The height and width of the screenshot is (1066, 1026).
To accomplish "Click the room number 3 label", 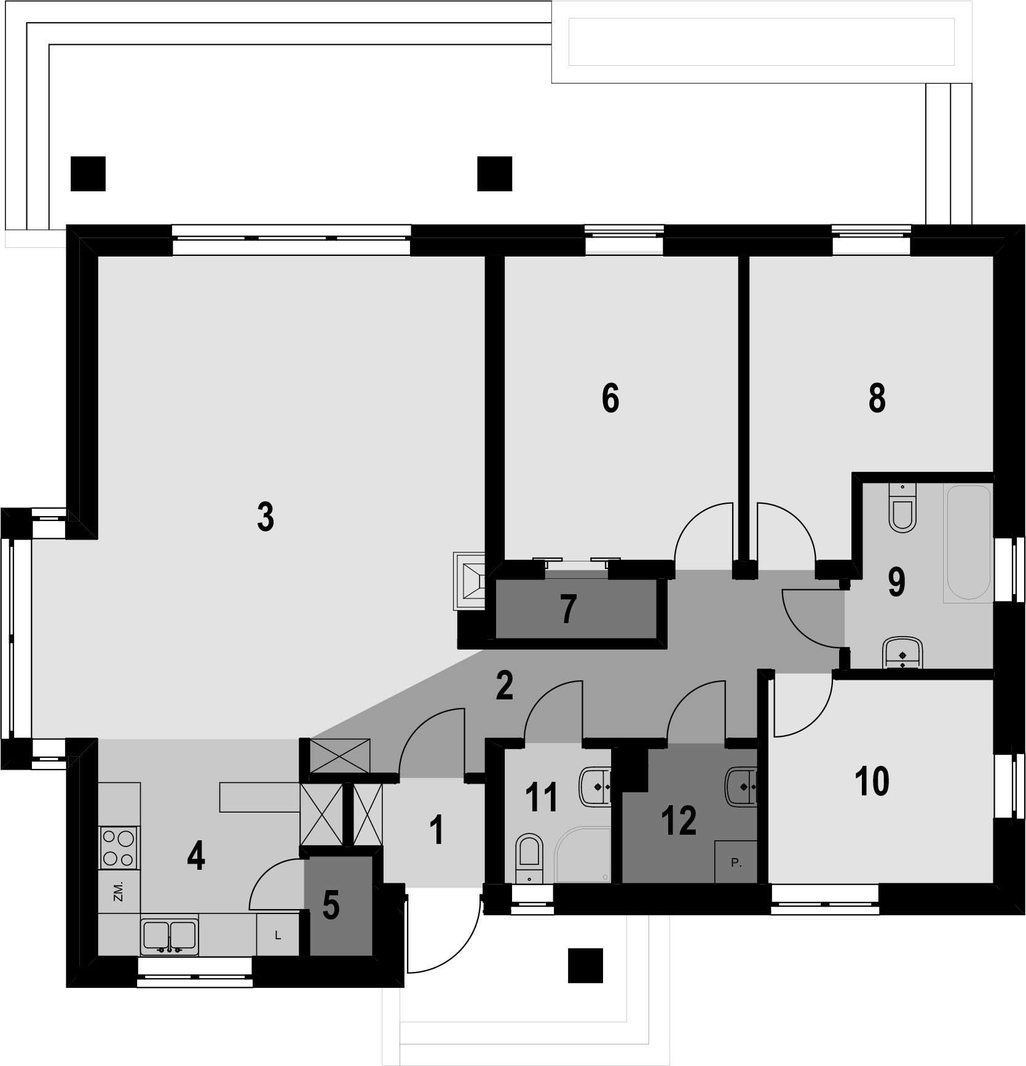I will (265, 517).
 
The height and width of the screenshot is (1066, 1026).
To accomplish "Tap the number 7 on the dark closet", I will (568, 610).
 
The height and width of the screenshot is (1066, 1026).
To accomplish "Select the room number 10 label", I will (872, 781).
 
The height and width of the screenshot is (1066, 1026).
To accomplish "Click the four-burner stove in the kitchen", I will (119, 847).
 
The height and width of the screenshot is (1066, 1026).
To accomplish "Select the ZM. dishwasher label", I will (119, 891).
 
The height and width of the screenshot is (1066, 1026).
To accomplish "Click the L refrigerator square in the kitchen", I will (278, 936).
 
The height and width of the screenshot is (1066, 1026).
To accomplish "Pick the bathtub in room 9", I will (967, 543).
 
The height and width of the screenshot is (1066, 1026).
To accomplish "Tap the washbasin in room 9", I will (902, 653).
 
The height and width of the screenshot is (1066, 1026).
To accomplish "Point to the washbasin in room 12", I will (743, 786).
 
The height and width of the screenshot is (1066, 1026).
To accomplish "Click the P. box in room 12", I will (736, 863).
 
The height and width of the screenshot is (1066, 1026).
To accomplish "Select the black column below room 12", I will (585, 965).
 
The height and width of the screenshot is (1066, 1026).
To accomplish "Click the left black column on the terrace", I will (88, 173).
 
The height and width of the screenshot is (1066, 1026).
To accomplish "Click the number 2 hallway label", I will (504, 686).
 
